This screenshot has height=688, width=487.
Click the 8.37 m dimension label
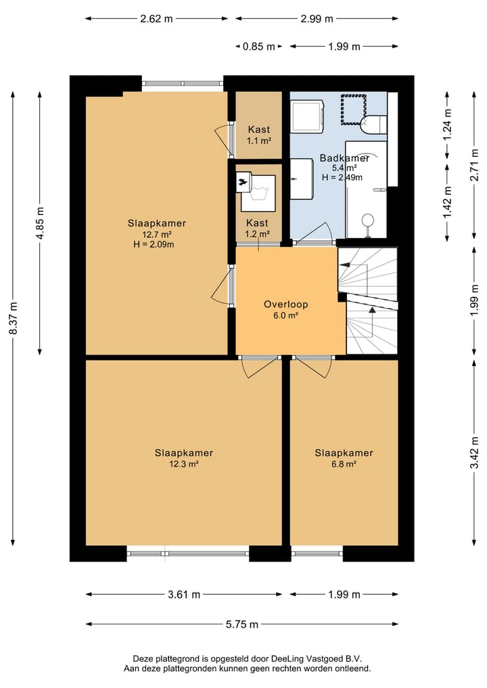(x=14, y=318)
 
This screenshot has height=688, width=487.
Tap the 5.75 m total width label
(x=242, y=624)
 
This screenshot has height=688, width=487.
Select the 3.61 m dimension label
(x=184, y=595)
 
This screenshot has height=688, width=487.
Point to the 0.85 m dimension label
(x=259, y=46)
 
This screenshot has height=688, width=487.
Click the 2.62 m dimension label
(x=157, y=18)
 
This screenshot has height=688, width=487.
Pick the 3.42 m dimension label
(x=474, y=453)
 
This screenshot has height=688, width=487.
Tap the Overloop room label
(x=285, y=304)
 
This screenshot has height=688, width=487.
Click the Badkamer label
(x=344, y=158)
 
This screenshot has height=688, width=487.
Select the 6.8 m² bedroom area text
(x=344, y=464)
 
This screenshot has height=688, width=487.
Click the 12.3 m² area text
(x=184, y=464)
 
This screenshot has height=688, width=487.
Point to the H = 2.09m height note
(x=154, y=244)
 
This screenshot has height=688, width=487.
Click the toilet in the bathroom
(x=373, y=124)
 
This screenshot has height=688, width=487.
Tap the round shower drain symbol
(x=368, y=220)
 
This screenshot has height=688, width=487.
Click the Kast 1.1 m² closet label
(x=259, y=135)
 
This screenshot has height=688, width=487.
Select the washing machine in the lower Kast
(x=258, y=193)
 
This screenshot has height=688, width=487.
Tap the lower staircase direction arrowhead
(x=372, y=311)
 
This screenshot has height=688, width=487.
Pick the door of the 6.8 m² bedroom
(x=313, y=367)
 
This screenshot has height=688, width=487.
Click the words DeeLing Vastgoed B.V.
(x=317, y=659)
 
